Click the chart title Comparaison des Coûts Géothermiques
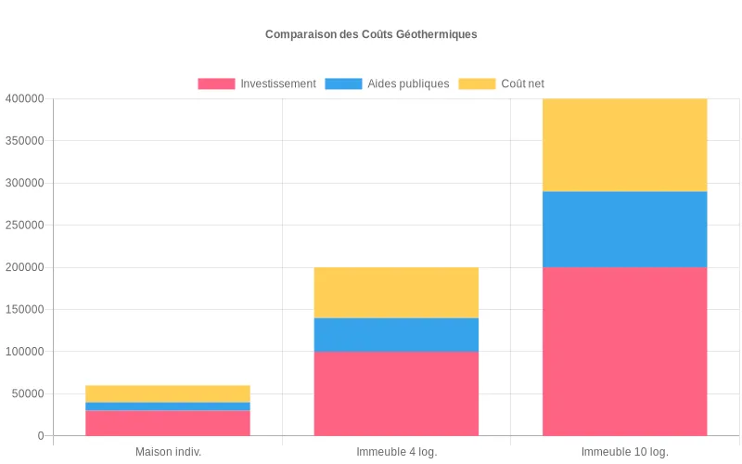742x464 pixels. [371, 34]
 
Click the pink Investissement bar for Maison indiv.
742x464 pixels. [168, 423]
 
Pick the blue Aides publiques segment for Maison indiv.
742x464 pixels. [168, 406]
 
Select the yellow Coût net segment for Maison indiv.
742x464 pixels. [168, 393]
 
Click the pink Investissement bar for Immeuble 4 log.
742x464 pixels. [396, 393]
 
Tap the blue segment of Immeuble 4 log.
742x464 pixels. [396, 335]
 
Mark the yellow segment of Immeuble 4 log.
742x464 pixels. [396, 292]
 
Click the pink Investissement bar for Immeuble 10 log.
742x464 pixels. [625, 351]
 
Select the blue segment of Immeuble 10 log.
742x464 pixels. [625, 229]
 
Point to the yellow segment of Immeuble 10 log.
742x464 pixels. [625, 145]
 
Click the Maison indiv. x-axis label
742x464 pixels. [168, 452]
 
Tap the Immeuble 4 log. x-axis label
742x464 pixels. [396, 452]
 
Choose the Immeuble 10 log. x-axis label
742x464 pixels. [625, 452]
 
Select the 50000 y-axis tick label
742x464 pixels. [27, 393]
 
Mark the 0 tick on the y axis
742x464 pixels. [41, 436]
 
